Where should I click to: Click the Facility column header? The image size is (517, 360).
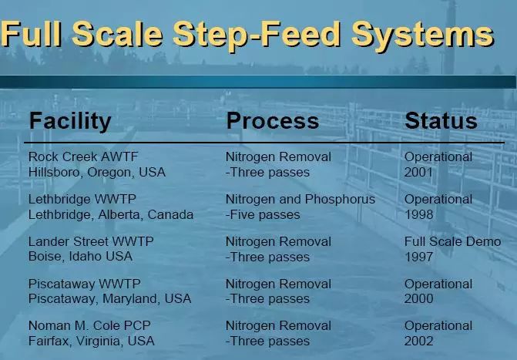70,122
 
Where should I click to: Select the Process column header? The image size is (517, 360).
272,120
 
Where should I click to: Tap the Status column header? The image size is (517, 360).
441,120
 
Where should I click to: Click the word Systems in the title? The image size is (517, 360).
422,35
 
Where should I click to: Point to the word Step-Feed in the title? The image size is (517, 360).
257,35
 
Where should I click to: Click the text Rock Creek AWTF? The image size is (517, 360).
83,156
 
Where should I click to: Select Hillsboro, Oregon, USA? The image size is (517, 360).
97,172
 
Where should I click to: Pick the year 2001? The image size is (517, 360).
418,172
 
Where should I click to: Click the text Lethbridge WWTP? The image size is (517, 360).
82,199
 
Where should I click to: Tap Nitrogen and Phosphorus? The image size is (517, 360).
300,200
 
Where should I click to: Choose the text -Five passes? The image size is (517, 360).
263,215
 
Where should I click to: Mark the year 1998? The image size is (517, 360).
418,215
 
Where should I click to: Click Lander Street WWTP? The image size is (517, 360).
91,241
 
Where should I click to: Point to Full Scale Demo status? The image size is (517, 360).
453,241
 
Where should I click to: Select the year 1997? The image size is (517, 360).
418,257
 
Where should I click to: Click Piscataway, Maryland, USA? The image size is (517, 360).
110,298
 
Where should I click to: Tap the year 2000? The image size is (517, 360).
418,298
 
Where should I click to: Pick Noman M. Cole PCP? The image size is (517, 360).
89,325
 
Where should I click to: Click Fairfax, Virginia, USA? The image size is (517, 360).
92,341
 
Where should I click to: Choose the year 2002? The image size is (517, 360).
418,341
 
